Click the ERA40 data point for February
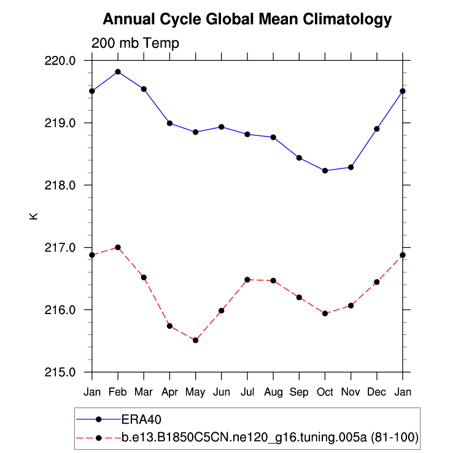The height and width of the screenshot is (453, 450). pyautogui.click(x=118, y=72)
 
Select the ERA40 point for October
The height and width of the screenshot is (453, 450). pyautogui.click(x=325, y=171)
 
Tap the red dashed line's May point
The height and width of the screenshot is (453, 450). pyautogui.click(x=195, y=340)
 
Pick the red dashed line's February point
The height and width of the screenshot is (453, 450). pyautogui.click(x=118, y=247)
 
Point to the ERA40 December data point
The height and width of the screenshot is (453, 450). pyautogui.click(x=376, y=129)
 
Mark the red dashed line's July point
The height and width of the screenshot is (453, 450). pyautogui.click(x=247, y=280)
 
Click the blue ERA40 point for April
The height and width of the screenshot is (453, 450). pyautogui.click(x=169, y=123)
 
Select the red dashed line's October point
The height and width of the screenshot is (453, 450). pyautogui.click(x=325, y=313)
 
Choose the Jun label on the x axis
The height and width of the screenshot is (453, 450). pyautogui.click(x=221, y=392)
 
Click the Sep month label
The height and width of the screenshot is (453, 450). pyautogui.click(x=299, y=392)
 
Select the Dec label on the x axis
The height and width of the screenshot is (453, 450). pyautogui.click(x=376, y=392)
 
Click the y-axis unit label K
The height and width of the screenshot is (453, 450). pyautogui.click(x=34, y=216)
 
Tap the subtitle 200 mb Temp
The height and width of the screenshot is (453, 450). pyautogui.click(x=135, y=43)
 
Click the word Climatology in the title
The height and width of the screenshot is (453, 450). pyautogui.click(x=346, y=19)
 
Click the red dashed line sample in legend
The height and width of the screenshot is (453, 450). pyautogui.click(x=98, y=437)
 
